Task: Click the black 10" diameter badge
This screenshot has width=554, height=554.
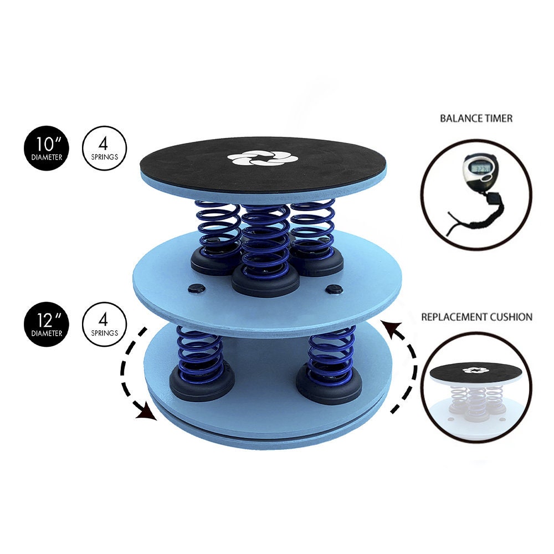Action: click(x=46, y=148)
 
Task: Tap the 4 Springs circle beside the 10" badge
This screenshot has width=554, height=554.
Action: click(x=104, y=148)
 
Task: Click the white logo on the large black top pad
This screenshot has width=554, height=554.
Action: click(x=263, y=158)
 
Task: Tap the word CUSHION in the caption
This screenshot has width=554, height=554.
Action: click(x=512, y=317)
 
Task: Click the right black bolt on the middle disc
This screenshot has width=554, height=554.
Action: click(x=334, y=288)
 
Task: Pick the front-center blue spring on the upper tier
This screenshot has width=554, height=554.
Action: click(x=265, y=238)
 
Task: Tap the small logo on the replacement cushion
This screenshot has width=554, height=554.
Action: click(x=474, y=370)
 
